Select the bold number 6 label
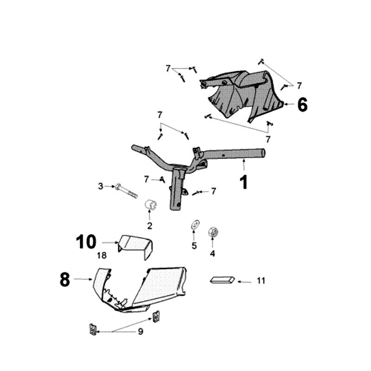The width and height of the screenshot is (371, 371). pos(302,104)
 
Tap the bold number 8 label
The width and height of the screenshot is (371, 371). pos(65,279)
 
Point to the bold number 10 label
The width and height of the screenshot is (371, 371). pos(86,242)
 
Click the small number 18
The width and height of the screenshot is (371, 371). pos(102,256)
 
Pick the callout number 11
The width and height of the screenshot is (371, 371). pos(261,281)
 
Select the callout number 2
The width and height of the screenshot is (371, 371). pos(150,226)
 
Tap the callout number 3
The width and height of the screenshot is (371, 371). pos(100,186)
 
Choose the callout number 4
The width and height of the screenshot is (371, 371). pos(212,253)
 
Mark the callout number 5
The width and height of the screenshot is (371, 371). pos(194,246)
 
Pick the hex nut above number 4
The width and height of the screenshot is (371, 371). pos(212,230)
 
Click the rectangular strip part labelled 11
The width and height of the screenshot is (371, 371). pos(223,280)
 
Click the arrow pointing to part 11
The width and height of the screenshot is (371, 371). pos(244,281)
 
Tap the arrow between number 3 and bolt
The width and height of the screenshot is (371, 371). pos(109,186)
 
